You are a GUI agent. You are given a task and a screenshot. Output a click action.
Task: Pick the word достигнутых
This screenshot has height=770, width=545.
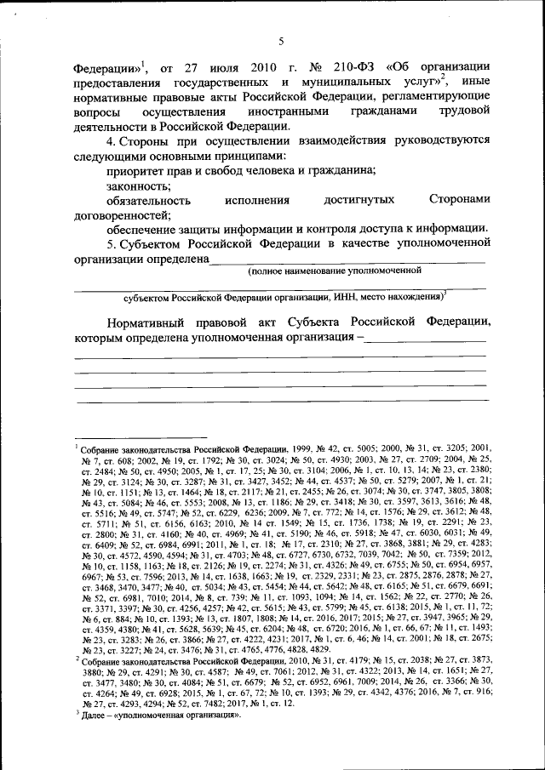click(x=359, y=200)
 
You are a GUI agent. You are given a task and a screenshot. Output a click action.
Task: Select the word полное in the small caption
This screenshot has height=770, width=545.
click(x=271, y=271)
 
